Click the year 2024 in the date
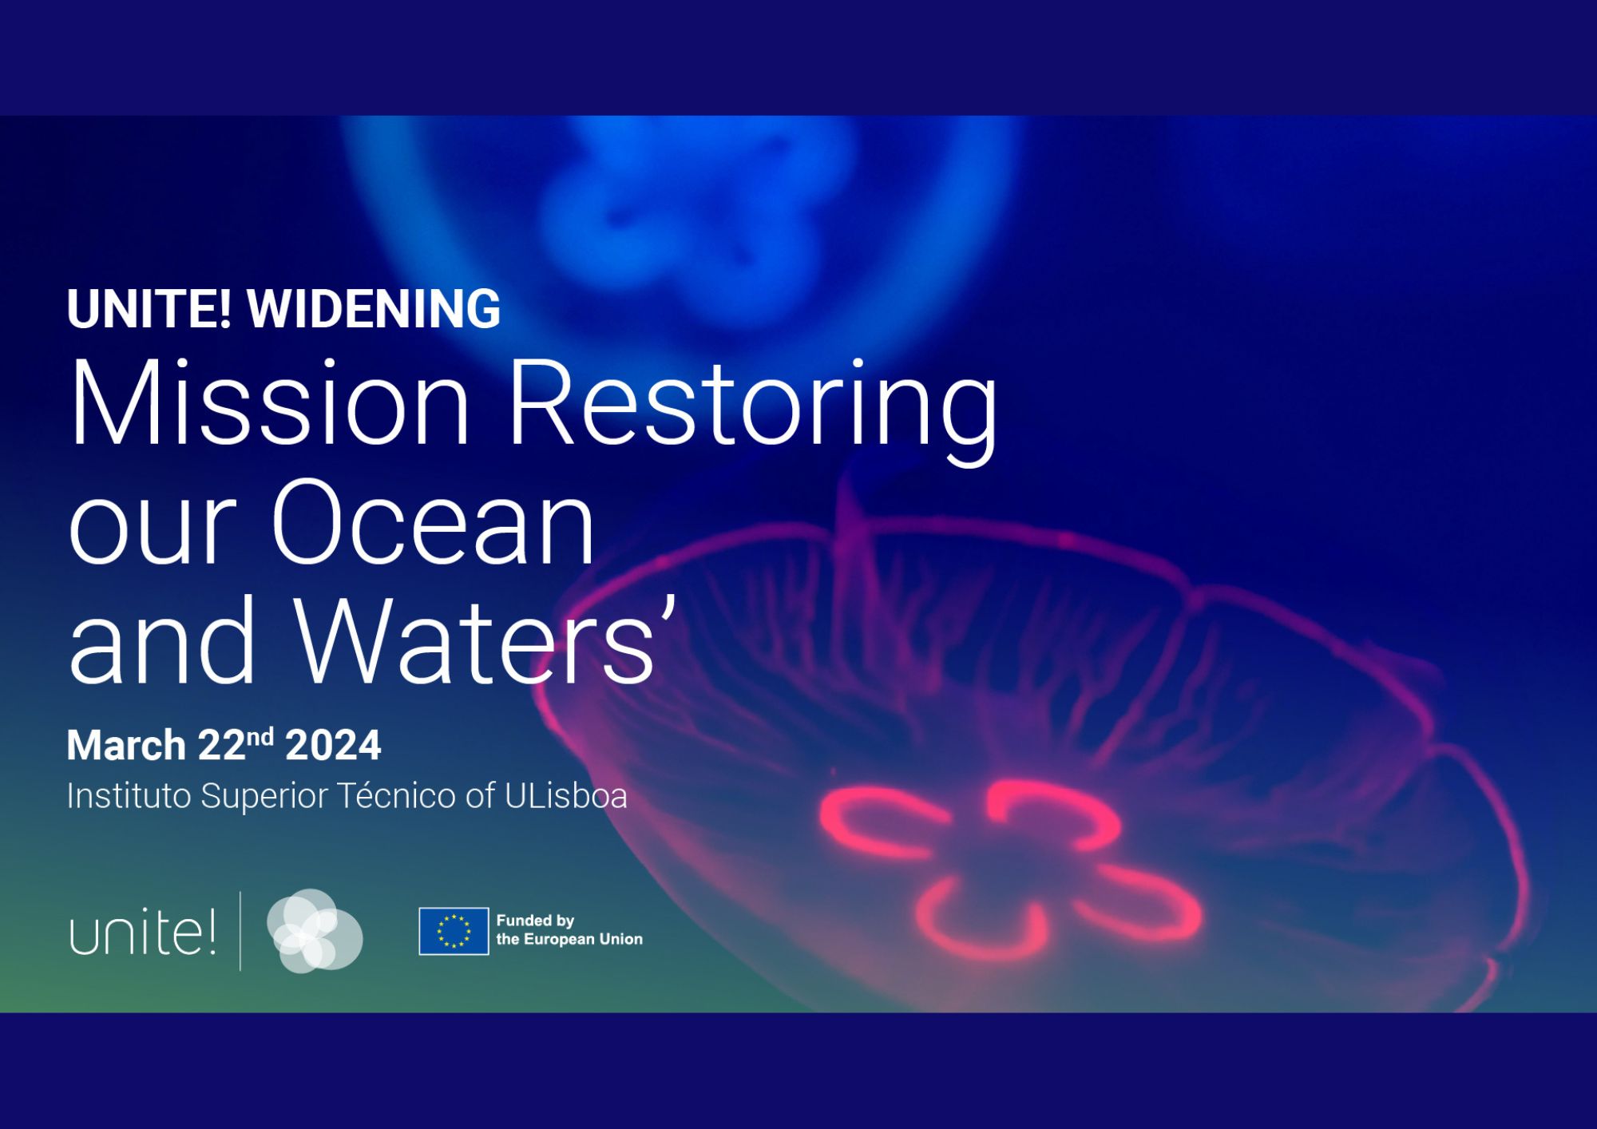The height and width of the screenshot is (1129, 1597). pyautogui.click(x=333, y=745)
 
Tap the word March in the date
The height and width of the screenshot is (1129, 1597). pyautogui.click(x=126, y=745)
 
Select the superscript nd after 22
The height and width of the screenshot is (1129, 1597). pyautogui.click(x=260, y=736)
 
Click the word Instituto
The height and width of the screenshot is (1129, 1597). pyautogui.click(x=129, y=796)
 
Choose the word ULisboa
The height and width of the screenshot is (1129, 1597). pyautogui.click(x=566, y=796)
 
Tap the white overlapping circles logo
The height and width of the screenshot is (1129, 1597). pyautogui.click(x=315, y=931)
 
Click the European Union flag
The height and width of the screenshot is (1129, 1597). pyautogui.click(x=454, y=931)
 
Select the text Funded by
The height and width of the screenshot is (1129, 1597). pyautogui.click(x=535, y=921)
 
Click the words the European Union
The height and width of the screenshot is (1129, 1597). pyautogui.click(x=569, y=940)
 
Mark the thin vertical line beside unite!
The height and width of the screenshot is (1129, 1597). pyautogui.click(x=240, y=931)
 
